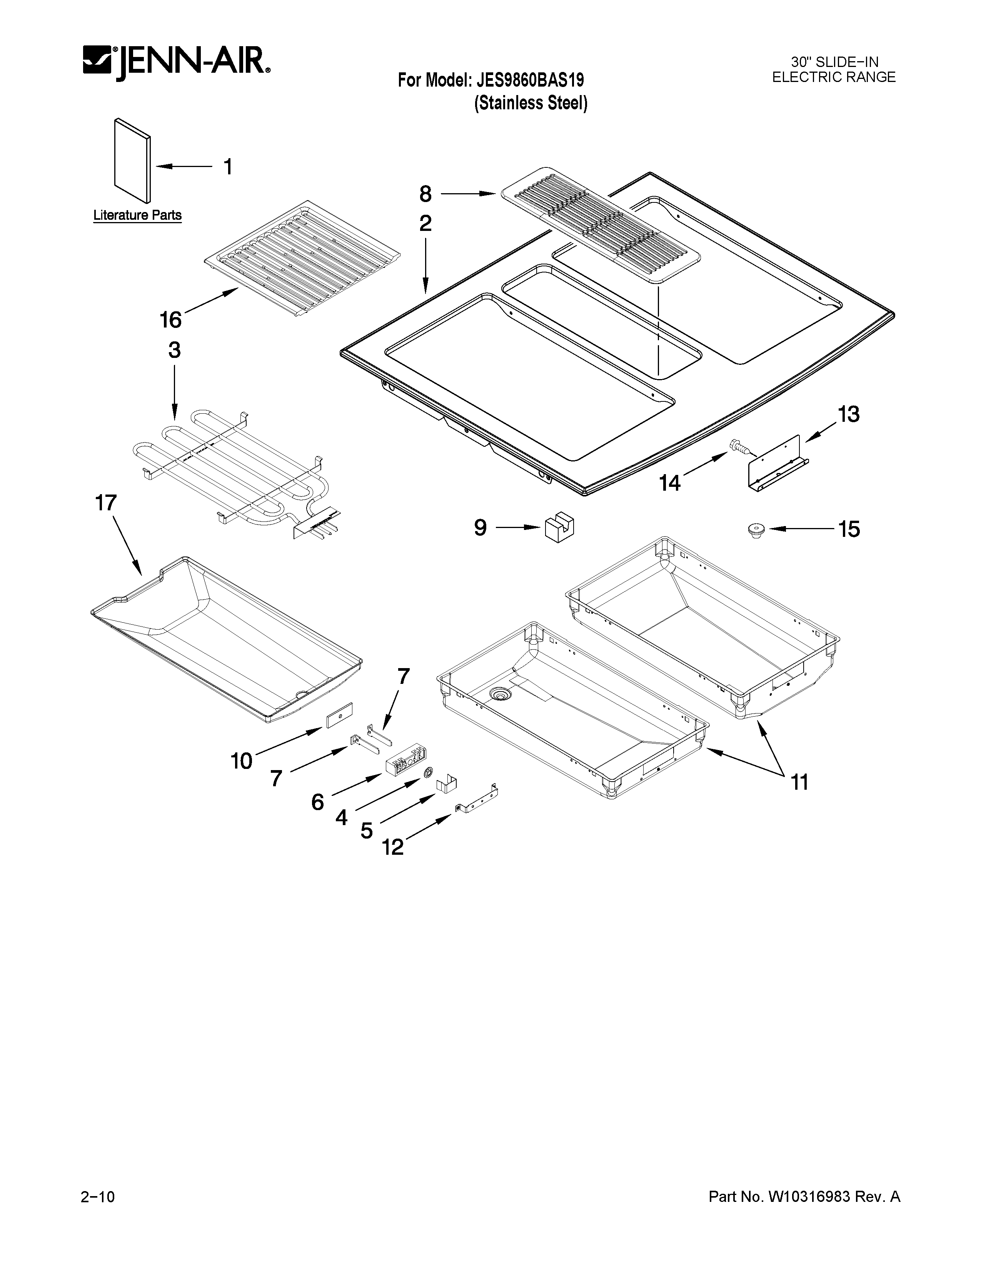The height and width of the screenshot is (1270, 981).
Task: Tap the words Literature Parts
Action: (x=138, y=215)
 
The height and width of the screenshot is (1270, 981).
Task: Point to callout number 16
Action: (x=170, y=319)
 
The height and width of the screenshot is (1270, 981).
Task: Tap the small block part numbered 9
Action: (x=559, y=528)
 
